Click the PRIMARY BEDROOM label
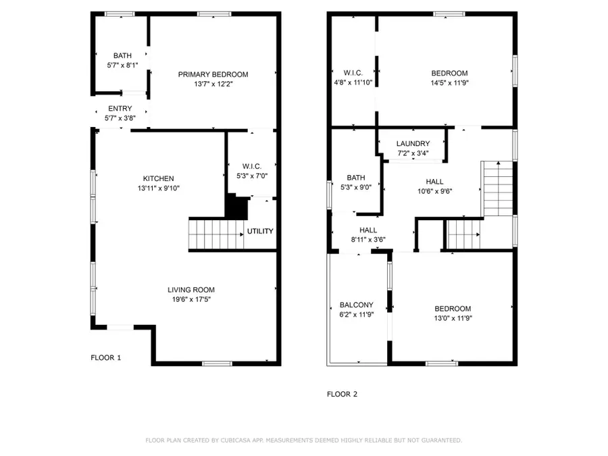click(213, 74)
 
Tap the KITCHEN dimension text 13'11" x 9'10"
click(158, 188)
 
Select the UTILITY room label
click(260, 231)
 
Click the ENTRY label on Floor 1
click(120, 109)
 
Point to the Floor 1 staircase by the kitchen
click(215, 234)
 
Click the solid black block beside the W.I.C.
click(236, 206)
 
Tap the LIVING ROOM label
click(191, 290)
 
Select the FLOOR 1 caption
click(106, 357)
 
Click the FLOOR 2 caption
click(342, 395)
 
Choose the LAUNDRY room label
click(413, 144)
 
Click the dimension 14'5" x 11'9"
click(449, 83)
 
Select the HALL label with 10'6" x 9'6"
click(434, 182)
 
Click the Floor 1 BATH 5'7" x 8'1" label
click(122, 56)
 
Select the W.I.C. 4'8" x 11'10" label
click(353, 73)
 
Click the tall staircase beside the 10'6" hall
click(498, 188)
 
